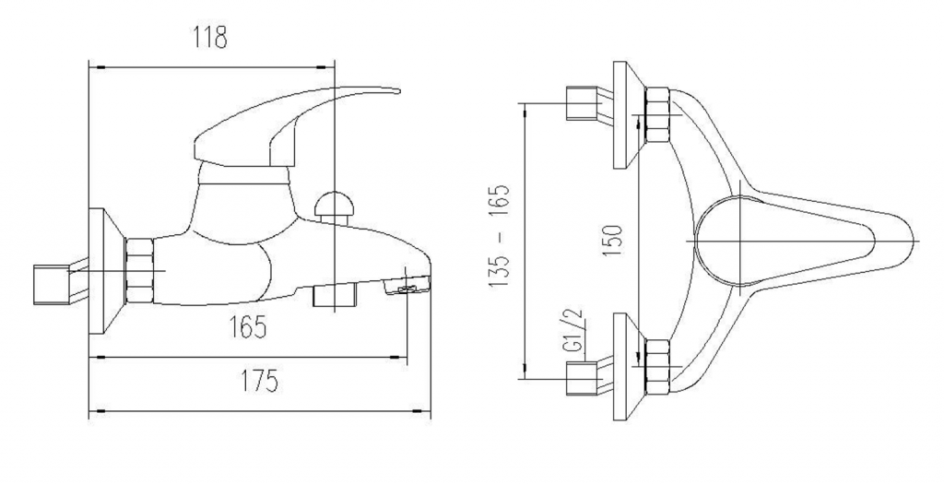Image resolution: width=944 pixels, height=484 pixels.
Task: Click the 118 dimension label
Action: point(210,37)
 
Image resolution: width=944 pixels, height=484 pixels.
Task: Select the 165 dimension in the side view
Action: point(247,327)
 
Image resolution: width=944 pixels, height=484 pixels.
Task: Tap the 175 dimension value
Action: point(260,381)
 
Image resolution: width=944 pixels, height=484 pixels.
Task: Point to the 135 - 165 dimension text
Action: point(499,235)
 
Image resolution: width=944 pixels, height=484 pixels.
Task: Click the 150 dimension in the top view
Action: point(612,241)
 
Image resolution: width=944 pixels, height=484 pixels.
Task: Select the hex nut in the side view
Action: point(139,270)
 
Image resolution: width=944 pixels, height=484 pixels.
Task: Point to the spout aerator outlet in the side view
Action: point(408,289)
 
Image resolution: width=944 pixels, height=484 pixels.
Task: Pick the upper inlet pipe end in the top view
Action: point(583,103)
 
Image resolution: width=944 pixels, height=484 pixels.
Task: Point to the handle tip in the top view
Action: point(912,242)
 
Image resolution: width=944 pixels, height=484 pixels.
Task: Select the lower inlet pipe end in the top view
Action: point(583,379)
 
